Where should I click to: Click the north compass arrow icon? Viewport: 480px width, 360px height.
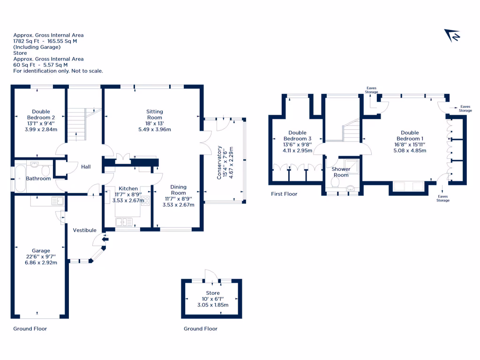click(x=453, y=36)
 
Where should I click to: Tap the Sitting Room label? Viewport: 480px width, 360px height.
click(x=155, y=114)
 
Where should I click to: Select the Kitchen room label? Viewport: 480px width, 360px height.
click(x=128, y=188)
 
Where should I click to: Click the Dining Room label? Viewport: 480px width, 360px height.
click(x=178, y=189)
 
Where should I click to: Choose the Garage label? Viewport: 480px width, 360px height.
click(x=41, y=251)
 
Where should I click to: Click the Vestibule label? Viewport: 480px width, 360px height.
click(x=85, y=230)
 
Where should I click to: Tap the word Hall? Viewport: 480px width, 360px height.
click(x=86, y=166)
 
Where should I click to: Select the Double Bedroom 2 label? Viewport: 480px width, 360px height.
click(x=41, y=114)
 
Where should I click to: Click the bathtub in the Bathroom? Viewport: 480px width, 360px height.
click(x=20, y=178)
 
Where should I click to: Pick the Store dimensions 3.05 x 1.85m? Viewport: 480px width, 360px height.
click(x=213, y=305)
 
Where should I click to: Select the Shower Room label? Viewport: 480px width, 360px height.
click(x=341, y=172)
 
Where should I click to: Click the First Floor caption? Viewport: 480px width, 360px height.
click(x=284, y=194)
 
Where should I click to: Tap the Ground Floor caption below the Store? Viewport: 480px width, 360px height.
click(x=201, y=329)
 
